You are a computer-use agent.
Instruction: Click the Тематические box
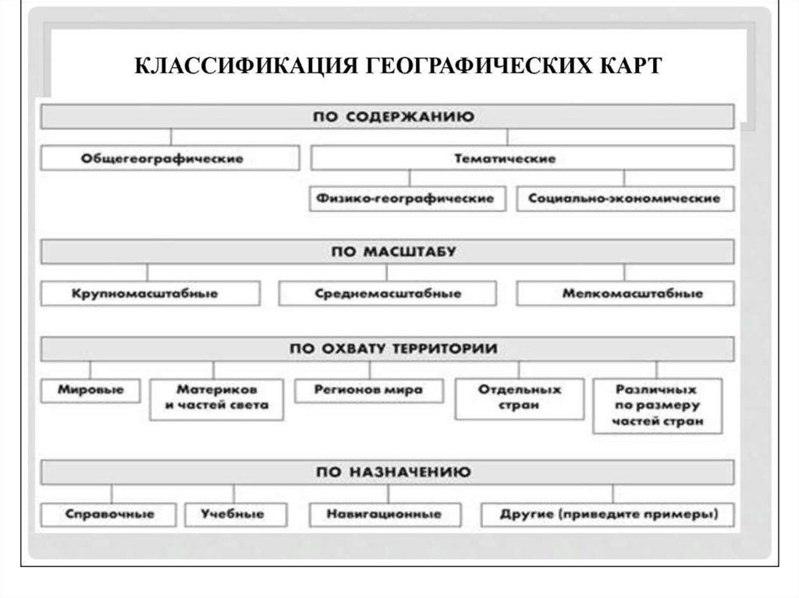[x=522, y=158]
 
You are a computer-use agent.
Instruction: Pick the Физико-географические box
[x=407, y=199]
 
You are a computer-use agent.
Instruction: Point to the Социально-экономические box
[x=624, y=199]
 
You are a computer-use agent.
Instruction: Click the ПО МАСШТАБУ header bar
[x=387, y=251]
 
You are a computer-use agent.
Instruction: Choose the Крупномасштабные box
[x=150, y=294]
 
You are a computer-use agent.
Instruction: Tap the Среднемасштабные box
[x=388, y=294]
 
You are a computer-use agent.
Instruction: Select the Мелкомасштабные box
[x=625, y=294]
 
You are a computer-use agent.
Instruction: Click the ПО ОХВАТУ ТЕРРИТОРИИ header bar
[x=387, y=349]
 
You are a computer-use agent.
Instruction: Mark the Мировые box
[x=91, y=389]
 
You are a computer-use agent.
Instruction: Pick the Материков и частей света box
[x=216, y=398]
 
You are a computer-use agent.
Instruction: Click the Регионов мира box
[x=369, y=389]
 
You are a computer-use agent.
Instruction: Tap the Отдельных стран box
[x=519, y=398]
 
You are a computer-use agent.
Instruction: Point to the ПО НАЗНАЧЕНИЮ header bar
[x=387, y=472]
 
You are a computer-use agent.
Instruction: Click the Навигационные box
[x=385, y=515]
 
